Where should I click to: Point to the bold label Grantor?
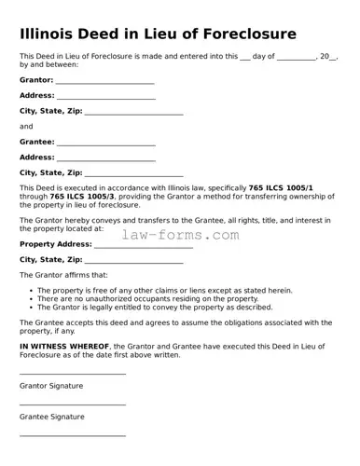point(36,80)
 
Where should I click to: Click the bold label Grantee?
point(37,142)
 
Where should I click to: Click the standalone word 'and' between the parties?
point(26,126)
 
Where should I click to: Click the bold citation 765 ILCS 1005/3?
point(83,197)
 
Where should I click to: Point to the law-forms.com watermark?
point(181,235)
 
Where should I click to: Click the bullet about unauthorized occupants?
point(148,298)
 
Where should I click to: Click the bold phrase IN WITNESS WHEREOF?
point(64,346)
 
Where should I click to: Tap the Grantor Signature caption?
point(51,385)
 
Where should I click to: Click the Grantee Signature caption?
point(52,417)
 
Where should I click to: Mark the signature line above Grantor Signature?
point(73,374)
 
